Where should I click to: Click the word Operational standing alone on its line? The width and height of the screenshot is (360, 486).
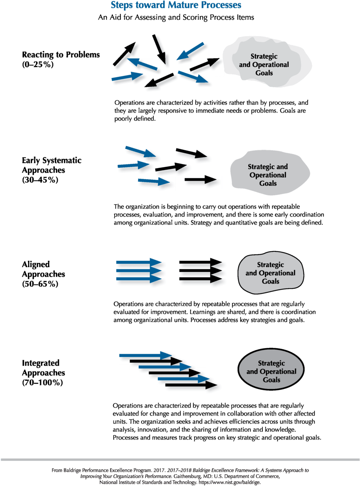click(x=268, y=175)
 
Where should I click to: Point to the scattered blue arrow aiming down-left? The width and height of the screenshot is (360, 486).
click(x=191, y=51)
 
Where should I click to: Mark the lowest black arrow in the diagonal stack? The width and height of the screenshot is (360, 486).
click(x=191, y=385)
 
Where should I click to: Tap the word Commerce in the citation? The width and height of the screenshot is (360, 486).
click(x=267, y=476)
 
